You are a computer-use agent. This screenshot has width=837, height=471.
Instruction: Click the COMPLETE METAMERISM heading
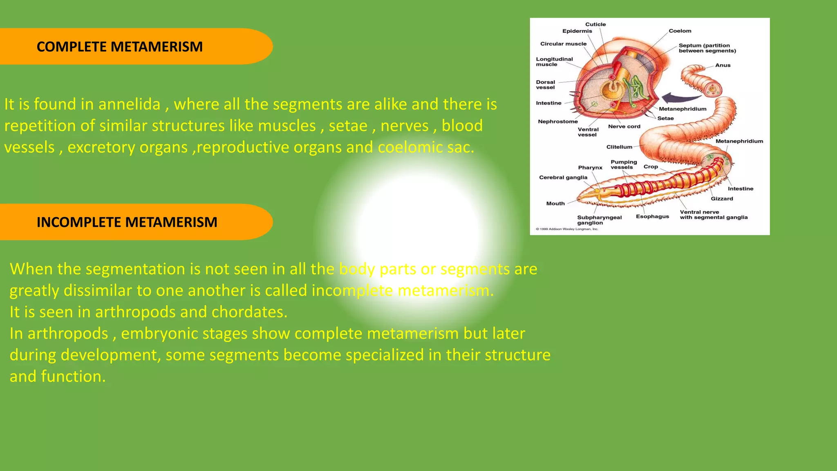click(119, 47)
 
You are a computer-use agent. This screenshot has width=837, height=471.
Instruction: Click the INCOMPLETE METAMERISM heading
click(127, 222)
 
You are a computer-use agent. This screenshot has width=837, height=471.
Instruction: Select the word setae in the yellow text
click(348, 126)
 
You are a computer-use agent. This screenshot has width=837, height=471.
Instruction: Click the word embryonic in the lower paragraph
click(159, 334)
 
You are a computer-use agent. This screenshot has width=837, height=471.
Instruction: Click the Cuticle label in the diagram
click(595, 25)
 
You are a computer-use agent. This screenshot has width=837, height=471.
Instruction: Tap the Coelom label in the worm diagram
click(680, 31)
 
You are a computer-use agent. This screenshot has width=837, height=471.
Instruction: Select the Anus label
click(723, 65)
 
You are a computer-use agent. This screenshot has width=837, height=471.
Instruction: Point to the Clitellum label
click(619, 147)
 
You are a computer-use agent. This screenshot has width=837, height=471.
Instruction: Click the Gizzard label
click(722, 199)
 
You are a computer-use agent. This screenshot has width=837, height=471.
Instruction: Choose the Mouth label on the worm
click(555, 204)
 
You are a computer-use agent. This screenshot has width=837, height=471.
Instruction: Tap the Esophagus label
click(652, 217)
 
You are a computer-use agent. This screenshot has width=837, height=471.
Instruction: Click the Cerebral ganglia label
click(563, 177)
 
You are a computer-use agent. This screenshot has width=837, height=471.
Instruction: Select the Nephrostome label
click(557, 122)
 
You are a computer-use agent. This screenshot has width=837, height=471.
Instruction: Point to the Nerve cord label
click(624, 127)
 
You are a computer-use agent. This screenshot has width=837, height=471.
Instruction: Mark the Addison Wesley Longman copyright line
click(567, 229)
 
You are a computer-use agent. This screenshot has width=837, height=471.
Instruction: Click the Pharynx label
click(590, 168)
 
